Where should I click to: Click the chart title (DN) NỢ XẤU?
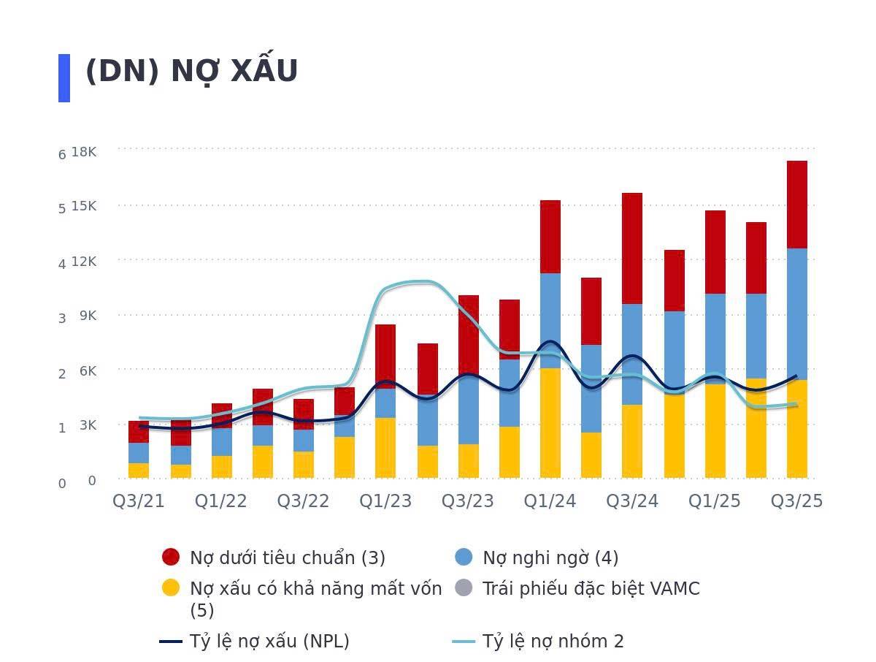[191, 72]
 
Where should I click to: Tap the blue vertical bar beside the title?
[64, 77]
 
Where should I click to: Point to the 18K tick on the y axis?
[84, 151]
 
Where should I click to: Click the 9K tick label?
[88, 316]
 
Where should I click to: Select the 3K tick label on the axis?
[88, 425]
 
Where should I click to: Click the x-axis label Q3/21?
[139, 501]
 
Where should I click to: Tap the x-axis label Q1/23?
[385, 501]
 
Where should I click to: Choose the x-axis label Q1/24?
[550, 501]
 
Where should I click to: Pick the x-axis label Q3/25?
[796, 501]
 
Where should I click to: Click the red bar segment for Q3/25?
[796, 205]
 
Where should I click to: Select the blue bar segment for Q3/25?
[796, 314]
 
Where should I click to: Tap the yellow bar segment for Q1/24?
[550, 424]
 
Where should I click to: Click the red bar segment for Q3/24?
[632, 248]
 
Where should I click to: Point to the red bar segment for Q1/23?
[385, 351]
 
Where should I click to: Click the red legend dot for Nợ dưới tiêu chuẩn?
[171, 558]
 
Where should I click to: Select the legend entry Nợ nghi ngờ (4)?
[550, 558]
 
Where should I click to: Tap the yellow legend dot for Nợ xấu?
[171, 588]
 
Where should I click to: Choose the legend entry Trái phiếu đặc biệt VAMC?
[591, 589]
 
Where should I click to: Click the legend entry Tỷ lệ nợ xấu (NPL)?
[269, 642]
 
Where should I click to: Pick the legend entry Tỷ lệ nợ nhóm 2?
[553, 642]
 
